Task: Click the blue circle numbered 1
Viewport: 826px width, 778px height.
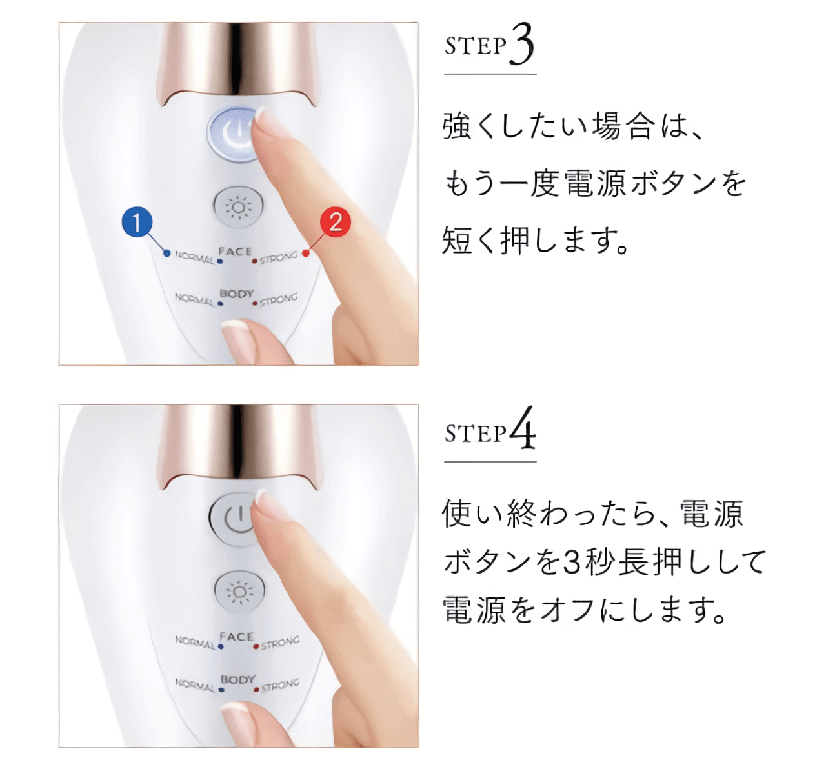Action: (137, 222)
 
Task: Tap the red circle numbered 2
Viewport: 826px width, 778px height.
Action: (335, 222)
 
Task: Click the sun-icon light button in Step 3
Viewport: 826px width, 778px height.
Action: (238, 206)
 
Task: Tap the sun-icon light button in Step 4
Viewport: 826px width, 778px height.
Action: (239, 592)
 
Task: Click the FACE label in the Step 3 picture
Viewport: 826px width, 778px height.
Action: (236, 252)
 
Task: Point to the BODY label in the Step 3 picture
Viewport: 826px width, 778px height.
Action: (237, 294)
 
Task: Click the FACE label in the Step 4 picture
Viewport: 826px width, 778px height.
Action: (236, 637)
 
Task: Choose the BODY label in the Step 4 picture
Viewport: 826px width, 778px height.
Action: (238, 679)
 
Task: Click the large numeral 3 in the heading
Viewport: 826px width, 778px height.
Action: (521, 44)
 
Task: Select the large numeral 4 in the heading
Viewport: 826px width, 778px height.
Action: (523, 428)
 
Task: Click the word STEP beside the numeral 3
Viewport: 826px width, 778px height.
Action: (475, 46)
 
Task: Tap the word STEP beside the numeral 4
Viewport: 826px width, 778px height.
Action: (475, 434)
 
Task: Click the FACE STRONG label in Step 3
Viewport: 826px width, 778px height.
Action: (278, 257)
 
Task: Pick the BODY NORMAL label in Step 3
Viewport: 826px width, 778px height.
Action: (195, 299)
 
